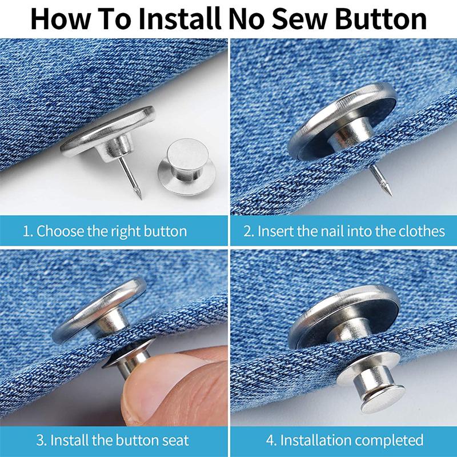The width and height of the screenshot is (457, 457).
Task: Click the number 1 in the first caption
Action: [26, 231]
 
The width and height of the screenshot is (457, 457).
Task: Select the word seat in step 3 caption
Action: [174, 440]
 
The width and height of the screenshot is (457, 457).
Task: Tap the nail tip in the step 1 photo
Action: [139, 197]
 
